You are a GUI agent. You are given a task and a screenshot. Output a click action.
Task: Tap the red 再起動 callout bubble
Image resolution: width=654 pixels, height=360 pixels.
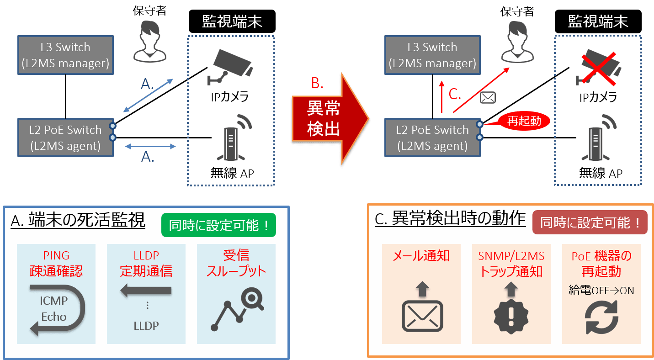point(523,121)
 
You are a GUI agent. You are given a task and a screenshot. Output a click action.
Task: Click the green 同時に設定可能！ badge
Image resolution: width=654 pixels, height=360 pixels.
point(218,225)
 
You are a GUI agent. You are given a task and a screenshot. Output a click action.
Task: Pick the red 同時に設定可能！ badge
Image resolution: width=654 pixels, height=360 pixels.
point(590,222)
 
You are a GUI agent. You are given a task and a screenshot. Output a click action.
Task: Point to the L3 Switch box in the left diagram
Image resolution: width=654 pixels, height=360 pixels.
point(66,55)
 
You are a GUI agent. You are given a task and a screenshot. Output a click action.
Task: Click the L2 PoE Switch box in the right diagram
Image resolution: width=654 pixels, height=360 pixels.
point(432,138)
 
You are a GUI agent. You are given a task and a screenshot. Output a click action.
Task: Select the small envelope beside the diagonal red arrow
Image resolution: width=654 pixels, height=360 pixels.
point(487,97)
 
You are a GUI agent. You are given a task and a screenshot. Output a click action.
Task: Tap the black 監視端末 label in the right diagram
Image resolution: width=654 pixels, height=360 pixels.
point(598,21)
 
